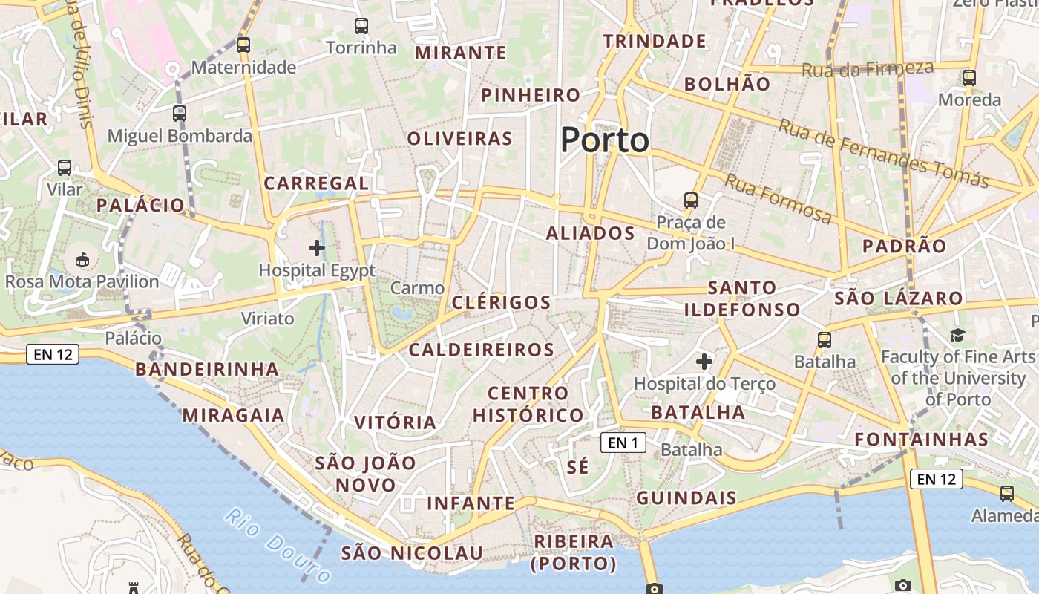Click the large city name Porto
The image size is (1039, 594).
click(x=604, y=140)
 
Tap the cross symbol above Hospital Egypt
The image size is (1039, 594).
click(x=317, y=248)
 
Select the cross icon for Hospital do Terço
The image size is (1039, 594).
click(x=704, y=362)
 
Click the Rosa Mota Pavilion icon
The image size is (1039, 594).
click(x=82, y=260)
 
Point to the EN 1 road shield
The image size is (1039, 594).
click(x=623, y=443)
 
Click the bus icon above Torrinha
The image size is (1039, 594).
click(x=361, y=26)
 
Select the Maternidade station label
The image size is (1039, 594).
click(x=243, y=68)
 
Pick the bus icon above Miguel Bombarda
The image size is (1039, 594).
click(x=180, y=114)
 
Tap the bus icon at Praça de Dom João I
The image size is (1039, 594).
click(x=691, y=200)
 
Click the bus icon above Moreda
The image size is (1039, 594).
click(x=968, y=77)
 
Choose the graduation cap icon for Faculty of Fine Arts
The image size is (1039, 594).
click(x=957, y=335)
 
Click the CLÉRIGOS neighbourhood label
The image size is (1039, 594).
click(x=501, y=302)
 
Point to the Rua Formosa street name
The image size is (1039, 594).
click(x=778, y=198)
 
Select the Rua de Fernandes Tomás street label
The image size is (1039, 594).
click(x=883, y=152)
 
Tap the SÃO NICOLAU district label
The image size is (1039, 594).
click(x=412, y=553)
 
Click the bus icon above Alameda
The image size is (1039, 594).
click(x=1007, y=493)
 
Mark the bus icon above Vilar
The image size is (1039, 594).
click(x=65, y=168)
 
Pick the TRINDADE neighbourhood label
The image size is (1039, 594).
click(x=654, y=41)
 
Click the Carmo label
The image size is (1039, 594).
click(x=417, y=288)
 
